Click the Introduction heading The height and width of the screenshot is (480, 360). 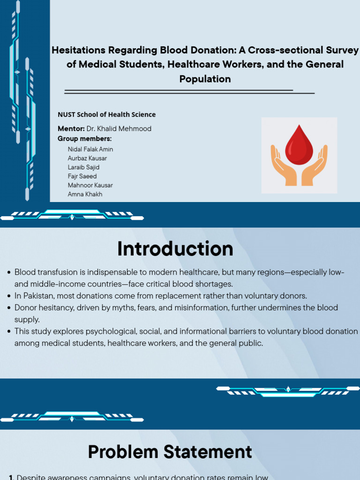tap(175, 248)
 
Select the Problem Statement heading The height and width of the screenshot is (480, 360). tap(170, 451)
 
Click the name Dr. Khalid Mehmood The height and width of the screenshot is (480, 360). tap(119, 128)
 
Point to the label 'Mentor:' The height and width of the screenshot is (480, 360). tap(71, 128)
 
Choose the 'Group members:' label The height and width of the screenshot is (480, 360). tap(85, 139)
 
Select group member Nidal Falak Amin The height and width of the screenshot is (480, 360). tap(90, 150)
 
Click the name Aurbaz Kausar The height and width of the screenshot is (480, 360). tap(87, 158)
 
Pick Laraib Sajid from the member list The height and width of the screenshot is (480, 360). tap(83, 167)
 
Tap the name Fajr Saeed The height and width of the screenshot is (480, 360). tap(82, 176)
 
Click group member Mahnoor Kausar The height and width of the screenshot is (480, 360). tap(90, 185)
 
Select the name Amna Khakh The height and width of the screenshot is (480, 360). tap(85, 194)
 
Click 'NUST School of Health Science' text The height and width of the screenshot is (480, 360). tap(106, 114)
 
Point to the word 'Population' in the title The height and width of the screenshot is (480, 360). tap(205, 79)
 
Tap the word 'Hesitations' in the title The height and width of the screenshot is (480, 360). tap(78, 50)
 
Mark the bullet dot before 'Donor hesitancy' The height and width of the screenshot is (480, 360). tap(9, 307)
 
